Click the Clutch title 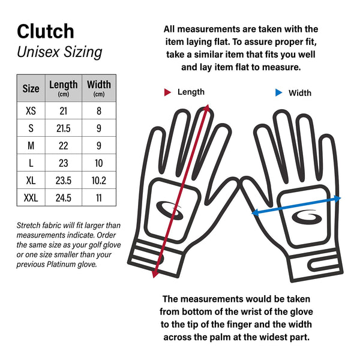point(46,31)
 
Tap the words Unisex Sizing point(59,52)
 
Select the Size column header point(31,89)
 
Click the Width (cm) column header point(98,88)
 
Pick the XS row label point(31,111)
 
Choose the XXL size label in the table point(31,197)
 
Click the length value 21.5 point(63,128)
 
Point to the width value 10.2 point(98,180)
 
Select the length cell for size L point(63,163)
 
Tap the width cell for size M point(98,146)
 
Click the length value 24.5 point(63,197)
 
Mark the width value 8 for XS point(98,111)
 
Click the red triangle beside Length point(168,92)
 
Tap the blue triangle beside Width point(278,92)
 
